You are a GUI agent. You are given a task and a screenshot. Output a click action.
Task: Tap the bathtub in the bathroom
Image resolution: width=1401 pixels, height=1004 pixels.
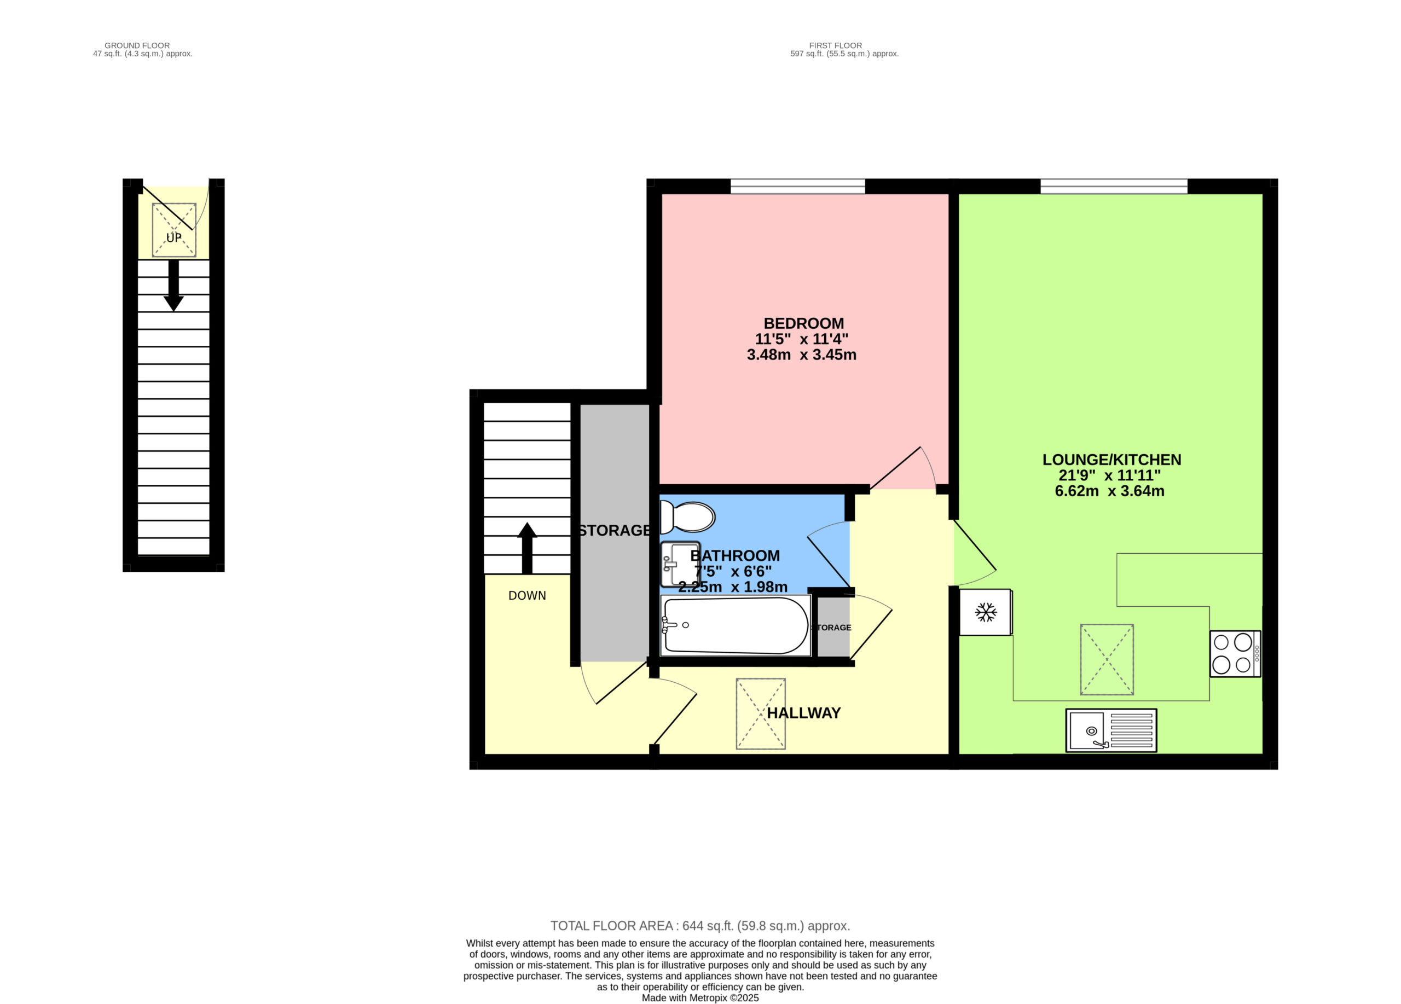pos(735,625)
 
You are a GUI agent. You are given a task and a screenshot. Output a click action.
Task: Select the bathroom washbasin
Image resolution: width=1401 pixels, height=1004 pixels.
pos(680,564)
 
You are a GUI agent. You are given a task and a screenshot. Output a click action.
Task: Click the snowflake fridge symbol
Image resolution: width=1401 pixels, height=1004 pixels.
pos(986,612)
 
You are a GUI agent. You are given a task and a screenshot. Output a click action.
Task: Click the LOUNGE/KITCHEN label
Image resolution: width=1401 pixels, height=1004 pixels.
pos(1112,460)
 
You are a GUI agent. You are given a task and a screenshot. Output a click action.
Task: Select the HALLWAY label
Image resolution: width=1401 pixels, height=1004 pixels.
pos(804,712)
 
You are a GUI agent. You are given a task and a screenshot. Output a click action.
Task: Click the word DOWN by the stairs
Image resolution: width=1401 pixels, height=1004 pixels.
pos(527,595)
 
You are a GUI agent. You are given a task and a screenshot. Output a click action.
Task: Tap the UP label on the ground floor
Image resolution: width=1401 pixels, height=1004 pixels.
pos(173,237)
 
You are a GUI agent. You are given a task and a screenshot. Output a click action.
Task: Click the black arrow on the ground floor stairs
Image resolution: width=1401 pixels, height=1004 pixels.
pos(173,285)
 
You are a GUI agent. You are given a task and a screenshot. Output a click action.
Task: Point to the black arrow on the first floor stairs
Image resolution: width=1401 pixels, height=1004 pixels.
pos(527,548)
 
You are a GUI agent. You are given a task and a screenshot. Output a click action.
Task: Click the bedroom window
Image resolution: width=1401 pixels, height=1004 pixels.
pos(797,186)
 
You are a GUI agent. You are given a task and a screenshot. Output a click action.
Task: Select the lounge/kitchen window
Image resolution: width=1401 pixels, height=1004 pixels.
pos(1114,186)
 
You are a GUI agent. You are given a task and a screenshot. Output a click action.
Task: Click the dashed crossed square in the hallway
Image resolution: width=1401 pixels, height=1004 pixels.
pos(760,714)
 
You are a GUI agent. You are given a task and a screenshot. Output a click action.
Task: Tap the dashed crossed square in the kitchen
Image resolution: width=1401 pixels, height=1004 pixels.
pos(1107,659)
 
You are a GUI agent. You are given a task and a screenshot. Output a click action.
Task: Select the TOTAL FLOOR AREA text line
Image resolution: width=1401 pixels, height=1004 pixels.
pos(700,926)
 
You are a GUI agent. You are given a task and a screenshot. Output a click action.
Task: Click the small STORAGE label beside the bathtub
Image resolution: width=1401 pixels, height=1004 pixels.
pos(831,628)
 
